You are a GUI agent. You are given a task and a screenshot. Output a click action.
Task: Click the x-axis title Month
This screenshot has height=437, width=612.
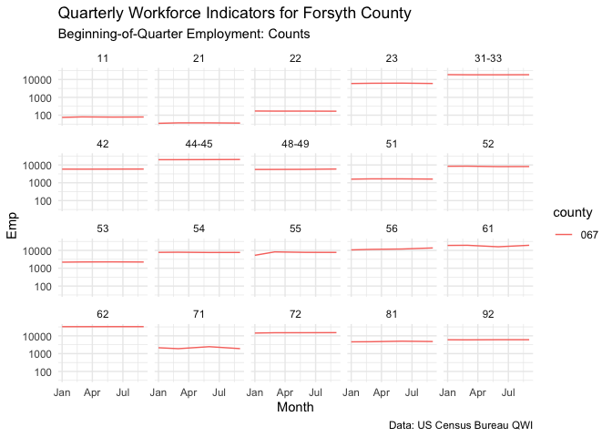pos(295,408)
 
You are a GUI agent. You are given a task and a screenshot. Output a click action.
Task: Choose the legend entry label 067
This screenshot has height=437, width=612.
pos(589,234)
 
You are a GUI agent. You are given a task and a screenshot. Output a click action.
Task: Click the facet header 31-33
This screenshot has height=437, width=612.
pos(487,59)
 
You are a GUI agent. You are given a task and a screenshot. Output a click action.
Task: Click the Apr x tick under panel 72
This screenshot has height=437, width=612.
pos(285,392)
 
